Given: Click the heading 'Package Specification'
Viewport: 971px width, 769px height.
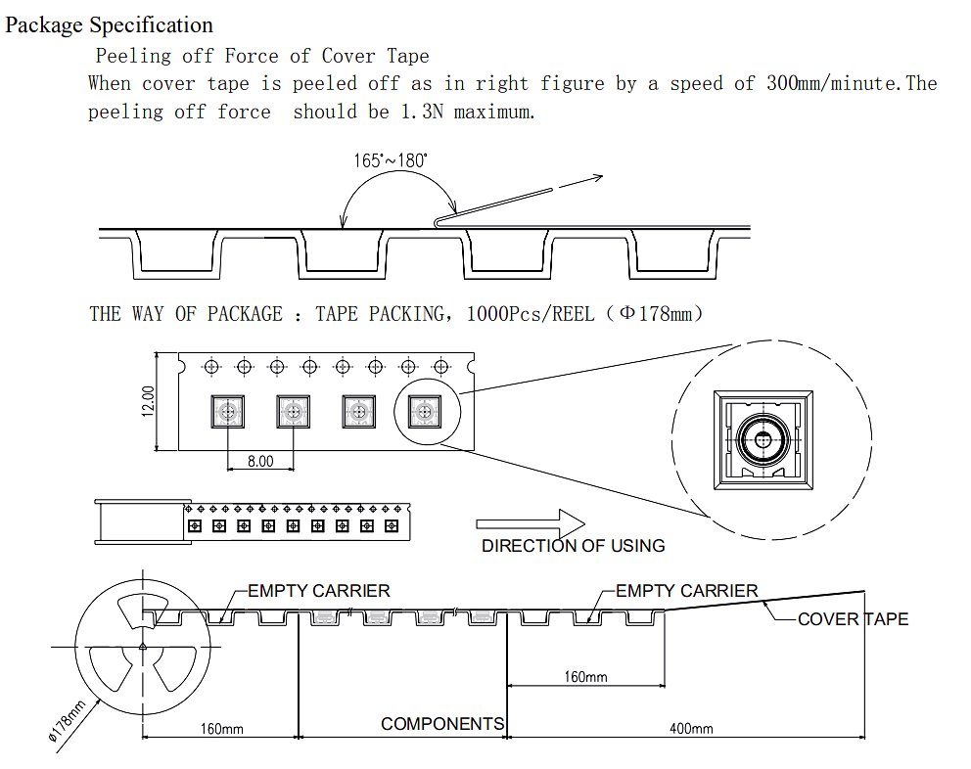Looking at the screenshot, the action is click(109, 24).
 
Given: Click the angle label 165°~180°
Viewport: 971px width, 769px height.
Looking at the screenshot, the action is click(391, 161).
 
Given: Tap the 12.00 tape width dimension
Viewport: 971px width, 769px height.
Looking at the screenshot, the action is click(148, 401).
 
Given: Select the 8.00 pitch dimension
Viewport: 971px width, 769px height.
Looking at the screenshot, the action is click(260, 461).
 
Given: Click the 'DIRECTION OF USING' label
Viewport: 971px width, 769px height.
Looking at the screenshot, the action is click(574, 546).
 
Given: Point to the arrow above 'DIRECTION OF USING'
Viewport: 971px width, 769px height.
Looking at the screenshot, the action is click(531, 523).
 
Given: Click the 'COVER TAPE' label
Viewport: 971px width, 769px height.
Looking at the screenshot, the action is click(853, 619).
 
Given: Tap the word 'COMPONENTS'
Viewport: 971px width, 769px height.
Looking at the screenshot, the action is click(442, 724).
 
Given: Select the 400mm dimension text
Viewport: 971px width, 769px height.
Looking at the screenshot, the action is click(691, 729).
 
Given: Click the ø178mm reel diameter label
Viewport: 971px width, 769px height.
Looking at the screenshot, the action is click(67, 721).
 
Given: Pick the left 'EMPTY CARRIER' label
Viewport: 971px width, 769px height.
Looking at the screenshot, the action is click(319, 591).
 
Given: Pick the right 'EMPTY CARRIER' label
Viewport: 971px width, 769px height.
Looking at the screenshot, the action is click(687, 591).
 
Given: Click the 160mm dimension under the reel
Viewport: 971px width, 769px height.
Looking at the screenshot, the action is click(221, 729).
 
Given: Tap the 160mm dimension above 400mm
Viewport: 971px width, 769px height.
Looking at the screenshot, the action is click(585, 677).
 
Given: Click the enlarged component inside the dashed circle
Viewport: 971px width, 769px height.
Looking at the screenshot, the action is click(763, 440).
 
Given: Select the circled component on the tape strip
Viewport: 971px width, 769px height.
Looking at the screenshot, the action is click(425, 412).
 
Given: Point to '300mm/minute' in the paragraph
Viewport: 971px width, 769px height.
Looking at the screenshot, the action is click(833, 83).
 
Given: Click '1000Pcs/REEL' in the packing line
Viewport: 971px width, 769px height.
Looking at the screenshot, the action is click(531, 314).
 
